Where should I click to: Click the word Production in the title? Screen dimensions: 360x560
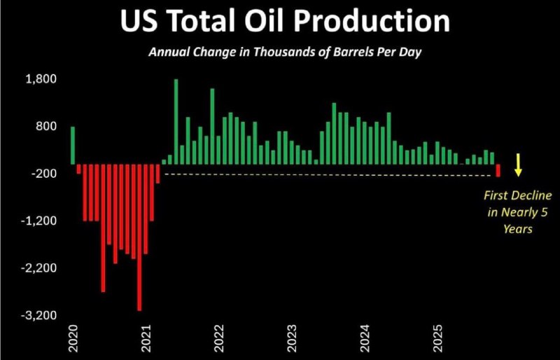tap(372, 21)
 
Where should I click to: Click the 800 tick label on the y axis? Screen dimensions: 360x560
tap(45, 127)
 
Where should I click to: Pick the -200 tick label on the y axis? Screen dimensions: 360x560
tap(43, 174)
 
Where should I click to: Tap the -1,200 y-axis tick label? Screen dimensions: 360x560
tap(39, 221)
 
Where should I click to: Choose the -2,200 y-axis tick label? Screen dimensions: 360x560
tap(39, 268)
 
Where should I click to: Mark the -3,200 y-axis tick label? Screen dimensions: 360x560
tap(39, 316)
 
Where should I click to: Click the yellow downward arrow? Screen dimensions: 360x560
tap(518, 164)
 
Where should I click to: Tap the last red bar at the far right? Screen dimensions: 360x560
tap(498, 170)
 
